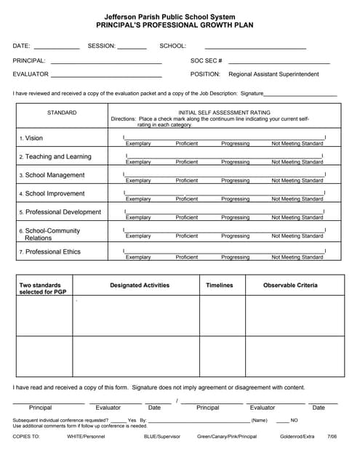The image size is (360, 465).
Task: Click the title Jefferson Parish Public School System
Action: tap(180, 16)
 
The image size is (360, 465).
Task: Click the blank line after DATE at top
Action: tap(57, 47)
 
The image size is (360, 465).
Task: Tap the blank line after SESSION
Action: tap(132, 47)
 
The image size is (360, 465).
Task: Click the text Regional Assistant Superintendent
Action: tap(273, 74)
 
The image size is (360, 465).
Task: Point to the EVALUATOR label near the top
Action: tap(31, 74)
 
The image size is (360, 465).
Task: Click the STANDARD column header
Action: tap(62, 113)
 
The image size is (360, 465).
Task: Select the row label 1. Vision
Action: tap(31, 138)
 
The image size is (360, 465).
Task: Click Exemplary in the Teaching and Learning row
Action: tap(138, 162)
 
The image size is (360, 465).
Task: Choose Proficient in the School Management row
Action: tap(187, 180)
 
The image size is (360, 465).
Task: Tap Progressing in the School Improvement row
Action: tap(235, 198)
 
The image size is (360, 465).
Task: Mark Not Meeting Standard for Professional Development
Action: tap(297, 217)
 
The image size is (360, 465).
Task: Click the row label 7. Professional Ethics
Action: tap(50, 252)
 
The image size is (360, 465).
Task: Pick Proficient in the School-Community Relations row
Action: tap(187, 236)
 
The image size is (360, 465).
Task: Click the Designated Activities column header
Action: tap(140, 286)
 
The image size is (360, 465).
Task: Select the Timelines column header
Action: tap(220, 286)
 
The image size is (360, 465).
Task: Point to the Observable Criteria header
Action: tap(290, 286)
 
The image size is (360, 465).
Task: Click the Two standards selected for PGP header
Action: tap(40, 288)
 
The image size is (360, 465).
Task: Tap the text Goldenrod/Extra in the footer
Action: tap(297, 437)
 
